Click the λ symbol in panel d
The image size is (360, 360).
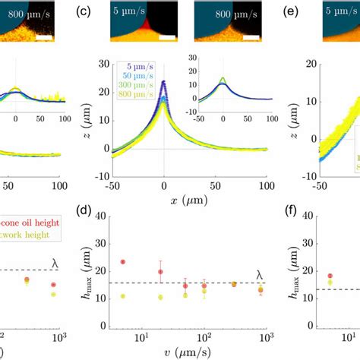pos(261,275)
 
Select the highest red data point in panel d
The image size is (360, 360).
pos(122,262)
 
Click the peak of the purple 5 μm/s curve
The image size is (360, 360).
pos(164,82)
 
